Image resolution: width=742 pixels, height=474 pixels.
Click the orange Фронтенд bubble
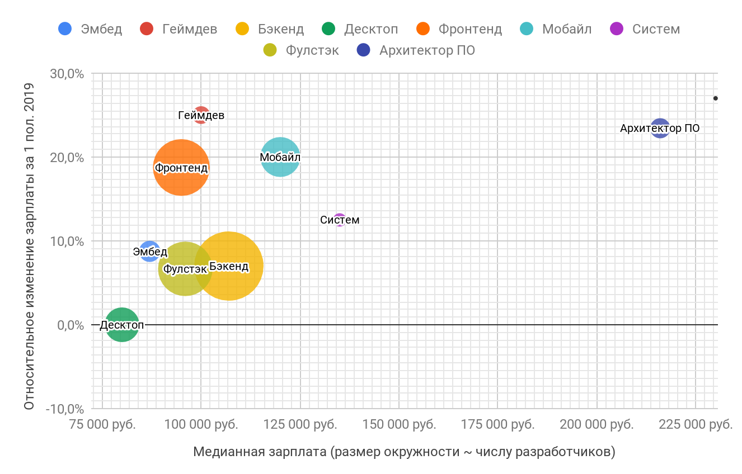pyautogui.click(x=181, y=167)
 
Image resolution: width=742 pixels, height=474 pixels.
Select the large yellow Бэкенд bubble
pyautogui.click(x=229, y=266)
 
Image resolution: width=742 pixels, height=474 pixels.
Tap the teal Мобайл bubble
pyautogui.click(x=280, y=157)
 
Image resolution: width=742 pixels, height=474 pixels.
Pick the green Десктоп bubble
pyautogui.click(x=122, y=324)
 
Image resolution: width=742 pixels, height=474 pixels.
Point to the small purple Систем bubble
pyautogui.click(x=340, y=220)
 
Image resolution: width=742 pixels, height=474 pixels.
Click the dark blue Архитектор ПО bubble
pyautogui.click(x=660, y=128)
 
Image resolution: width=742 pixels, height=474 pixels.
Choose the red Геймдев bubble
pyautogui.click(x=201, y=115)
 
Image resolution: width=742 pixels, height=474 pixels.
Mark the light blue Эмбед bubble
pyautogui.click(x=149, y=252)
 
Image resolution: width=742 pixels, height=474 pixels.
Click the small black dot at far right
pyautogui.click(x=715, y=98)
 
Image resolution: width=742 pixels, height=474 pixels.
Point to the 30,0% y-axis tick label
pyautogui.click(x=68, y=74)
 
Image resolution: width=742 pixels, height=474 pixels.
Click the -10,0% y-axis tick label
pyautogui.click(x=65, y=409)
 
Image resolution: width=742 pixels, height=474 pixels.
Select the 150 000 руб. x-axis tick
pyautogui.click(x=399, y=424)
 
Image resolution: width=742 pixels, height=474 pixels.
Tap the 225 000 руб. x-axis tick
pyautogui.click(x=696, y=424)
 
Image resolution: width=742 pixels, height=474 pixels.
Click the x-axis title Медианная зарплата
pyautogui.click(x=404, y=452)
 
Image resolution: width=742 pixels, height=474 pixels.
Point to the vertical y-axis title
pyautogui.click(x=30, y=246)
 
